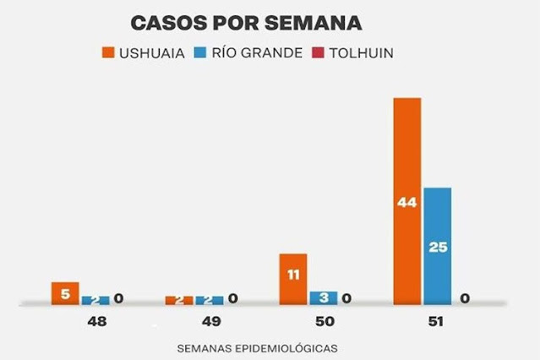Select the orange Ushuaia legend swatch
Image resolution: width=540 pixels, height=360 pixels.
click(108, 52)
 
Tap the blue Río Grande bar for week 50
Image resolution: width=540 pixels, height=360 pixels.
click(324, 297)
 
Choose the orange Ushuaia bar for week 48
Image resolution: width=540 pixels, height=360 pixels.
click(65, 293)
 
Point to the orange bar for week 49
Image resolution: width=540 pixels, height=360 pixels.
click(179, 300)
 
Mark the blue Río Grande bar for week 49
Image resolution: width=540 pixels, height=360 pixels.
click(210, 300)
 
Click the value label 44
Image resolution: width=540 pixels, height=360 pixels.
click(406, 202)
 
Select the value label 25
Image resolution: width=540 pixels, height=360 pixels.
click(437, 248)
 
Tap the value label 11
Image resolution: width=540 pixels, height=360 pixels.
click(293, 275)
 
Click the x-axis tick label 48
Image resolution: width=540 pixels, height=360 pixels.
click(95, 323)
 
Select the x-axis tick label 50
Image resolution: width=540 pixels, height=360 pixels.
click(325, 323)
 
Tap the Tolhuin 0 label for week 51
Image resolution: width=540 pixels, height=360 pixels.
click(465, 297)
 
